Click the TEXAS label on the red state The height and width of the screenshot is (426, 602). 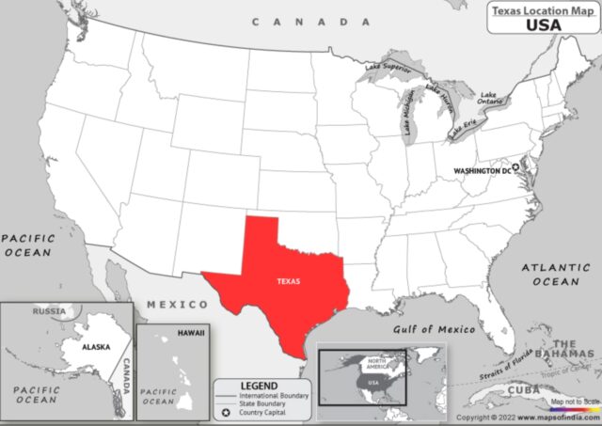[x=289, y=281]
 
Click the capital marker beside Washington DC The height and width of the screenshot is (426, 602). [x=515, y=166]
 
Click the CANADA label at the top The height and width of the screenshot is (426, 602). [x=310, y=21]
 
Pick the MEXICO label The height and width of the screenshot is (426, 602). [x=177, y=305]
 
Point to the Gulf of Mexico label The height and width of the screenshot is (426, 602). [x=429, y=329]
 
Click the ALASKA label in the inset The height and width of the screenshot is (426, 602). [x=96, y=346]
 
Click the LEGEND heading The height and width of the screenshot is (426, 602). [x=259, y=386]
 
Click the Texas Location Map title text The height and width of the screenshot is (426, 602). [x=539, y=9]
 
